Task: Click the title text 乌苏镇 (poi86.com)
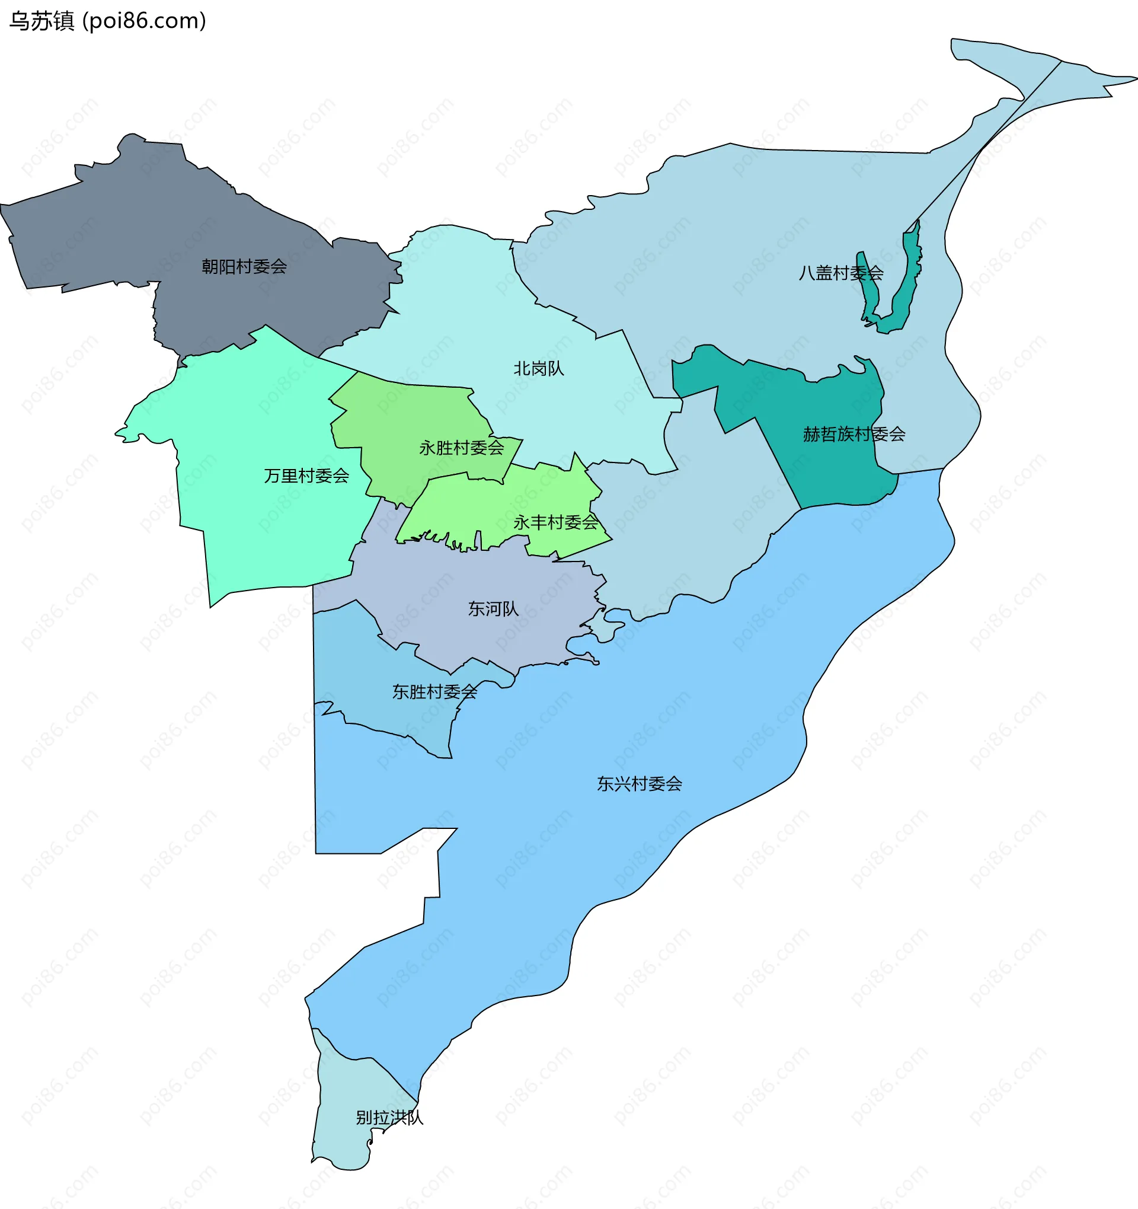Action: point(108,21)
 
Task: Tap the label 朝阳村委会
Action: point(244,266)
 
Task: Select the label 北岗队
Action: point(539,369)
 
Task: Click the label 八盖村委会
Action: point(840,273)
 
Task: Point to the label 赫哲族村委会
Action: point(853,434)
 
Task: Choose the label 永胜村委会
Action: point(461,448)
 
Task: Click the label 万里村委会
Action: point(306,476)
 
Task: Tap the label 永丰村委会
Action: point(555,522)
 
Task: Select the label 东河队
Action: point(493,609)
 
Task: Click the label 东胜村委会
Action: point(434,691)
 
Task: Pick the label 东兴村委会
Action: point(640,784)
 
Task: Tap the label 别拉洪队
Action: point(389,1117)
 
